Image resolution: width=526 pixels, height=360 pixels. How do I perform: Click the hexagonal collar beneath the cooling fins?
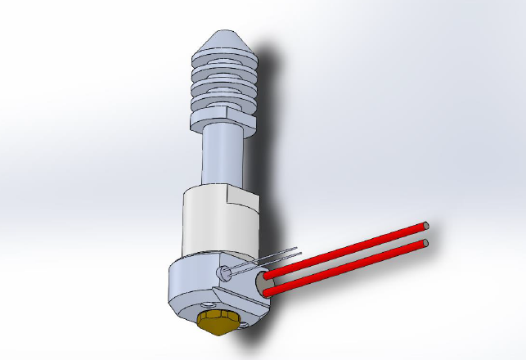coord(221,121)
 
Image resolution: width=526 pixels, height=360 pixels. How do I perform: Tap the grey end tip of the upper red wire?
coord(426,225)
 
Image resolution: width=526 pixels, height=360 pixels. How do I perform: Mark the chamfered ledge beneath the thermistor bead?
coord(228,291)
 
